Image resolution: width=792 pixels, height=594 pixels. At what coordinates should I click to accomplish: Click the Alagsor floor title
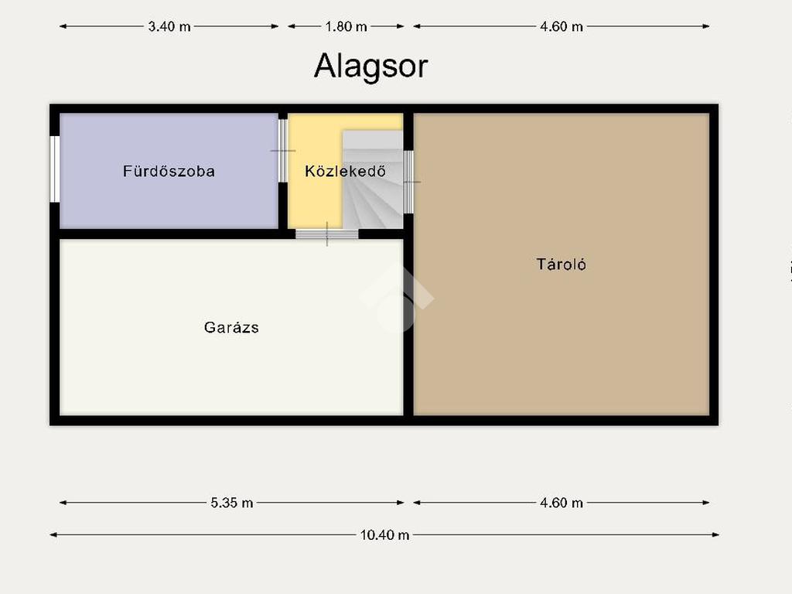pos(370,67)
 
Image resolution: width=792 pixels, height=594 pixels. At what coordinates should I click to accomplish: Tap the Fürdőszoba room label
pos(169,171)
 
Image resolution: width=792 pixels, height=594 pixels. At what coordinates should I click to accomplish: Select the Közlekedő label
pos(346,171)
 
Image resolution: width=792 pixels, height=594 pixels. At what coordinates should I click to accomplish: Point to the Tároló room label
pos(562,265)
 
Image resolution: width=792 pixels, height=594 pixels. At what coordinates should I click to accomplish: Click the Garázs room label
pos(231,327)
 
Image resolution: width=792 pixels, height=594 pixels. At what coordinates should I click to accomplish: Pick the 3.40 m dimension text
pos(169,26)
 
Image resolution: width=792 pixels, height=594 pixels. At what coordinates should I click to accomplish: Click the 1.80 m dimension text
pos(346,26)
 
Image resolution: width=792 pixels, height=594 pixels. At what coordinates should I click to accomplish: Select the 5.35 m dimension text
pos(232,503)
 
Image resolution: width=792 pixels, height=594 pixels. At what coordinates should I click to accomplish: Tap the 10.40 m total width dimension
pos(384,535)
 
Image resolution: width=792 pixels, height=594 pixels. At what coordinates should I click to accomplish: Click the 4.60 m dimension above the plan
pos(562,26)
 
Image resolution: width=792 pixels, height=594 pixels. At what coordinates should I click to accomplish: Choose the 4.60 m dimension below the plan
pos(562,503)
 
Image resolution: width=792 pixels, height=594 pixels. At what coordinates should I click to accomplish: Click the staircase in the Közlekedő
pos(373,179)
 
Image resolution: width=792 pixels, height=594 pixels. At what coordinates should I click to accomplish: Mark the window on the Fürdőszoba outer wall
pos(55,169)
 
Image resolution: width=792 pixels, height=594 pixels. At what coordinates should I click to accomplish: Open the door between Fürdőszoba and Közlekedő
pos(283,151)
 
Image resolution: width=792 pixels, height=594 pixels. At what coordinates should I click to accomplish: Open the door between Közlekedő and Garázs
pos(327,234)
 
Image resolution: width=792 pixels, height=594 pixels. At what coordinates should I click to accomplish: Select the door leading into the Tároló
pos(408,182)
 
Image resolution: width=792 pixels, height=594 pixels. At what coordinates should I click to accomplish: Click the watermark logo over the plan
pos(397,298)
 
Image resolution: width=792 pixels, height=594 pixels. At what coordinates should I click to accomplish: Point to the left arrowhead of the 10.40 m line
pos(53,535)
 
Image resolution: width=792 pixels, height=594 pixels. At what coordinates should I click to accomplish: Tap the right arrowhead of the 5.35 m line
pos(401,503)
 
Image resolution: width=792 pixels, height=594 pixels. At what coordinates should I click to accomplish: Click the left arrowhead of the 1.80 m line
pos(292,26)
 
